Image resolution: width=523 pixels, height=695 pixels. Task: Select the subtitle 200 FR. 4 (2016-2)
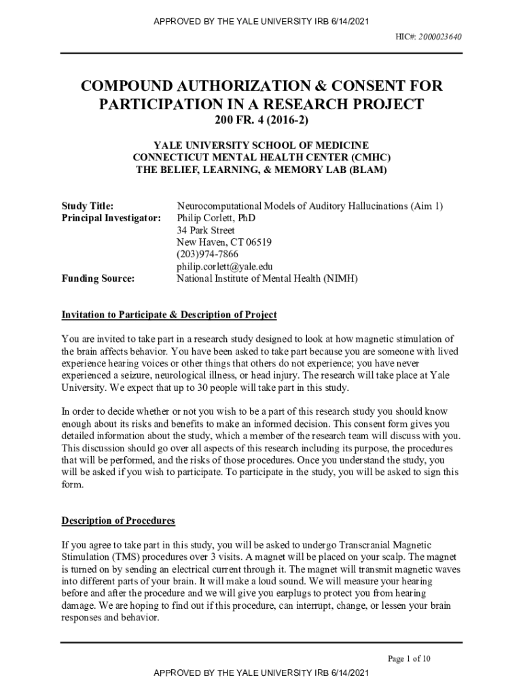pyautogui.click(x=261, y=121)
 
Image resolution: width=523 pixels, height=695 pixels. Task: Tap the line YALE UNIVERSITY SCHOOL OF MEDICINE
pyautogui.click(x=261, y=145)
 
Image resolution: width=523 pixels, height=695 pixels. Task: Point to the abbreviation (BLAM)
pyautogui.click(x=367, y=170)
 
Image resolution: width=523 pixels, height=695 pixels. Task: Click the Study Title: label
pyautogui.click(x=88, y=206)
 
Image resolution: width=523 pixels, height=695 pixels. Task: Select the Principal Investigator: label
pyautogui.click(x=111, y=218)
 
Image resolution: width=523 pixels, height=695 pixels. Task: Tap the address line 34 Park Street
pyautogui.click(x=206, y=230)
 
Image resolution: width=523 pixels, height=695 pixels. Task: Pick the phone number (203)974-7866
pyautogui.click(x=208, y=255)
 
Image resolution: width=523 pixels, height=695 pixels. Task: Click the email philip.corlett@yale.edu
pyautogui.click(x=225, y=267)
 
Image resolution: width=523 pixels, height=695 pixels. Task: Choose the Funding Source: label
pyautogui.click(x=98, y=278)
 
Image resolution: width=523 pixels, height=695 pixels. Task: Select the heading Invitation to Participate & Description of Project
pyautogui.click(x=169, y=315)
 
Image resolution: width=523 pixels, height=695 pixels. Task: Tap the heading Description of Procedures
pyautogui.click(x=118, y=521)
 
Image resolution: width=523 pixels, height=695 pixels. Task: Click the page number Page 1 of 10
pyautogui.click(x=409, y=658)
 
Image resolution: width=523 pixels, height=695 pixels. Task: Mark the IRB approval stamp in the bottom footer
pyautogui.click(x=261, y=673)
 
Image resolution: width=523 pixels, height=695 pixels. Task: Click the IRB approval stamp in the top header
pyautogui.click(x=261, y=21)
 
